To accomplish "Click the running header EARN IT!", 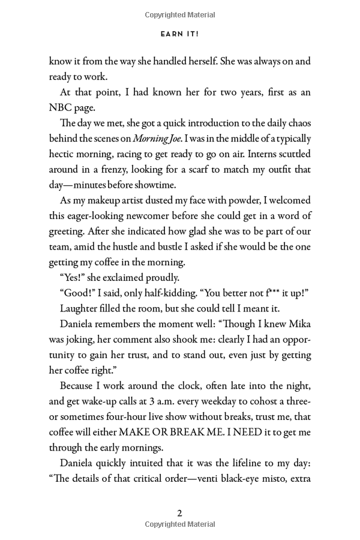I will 179,34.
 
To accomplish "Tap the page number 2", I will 179,513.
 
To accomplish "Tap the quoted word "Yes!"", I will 74,277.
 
